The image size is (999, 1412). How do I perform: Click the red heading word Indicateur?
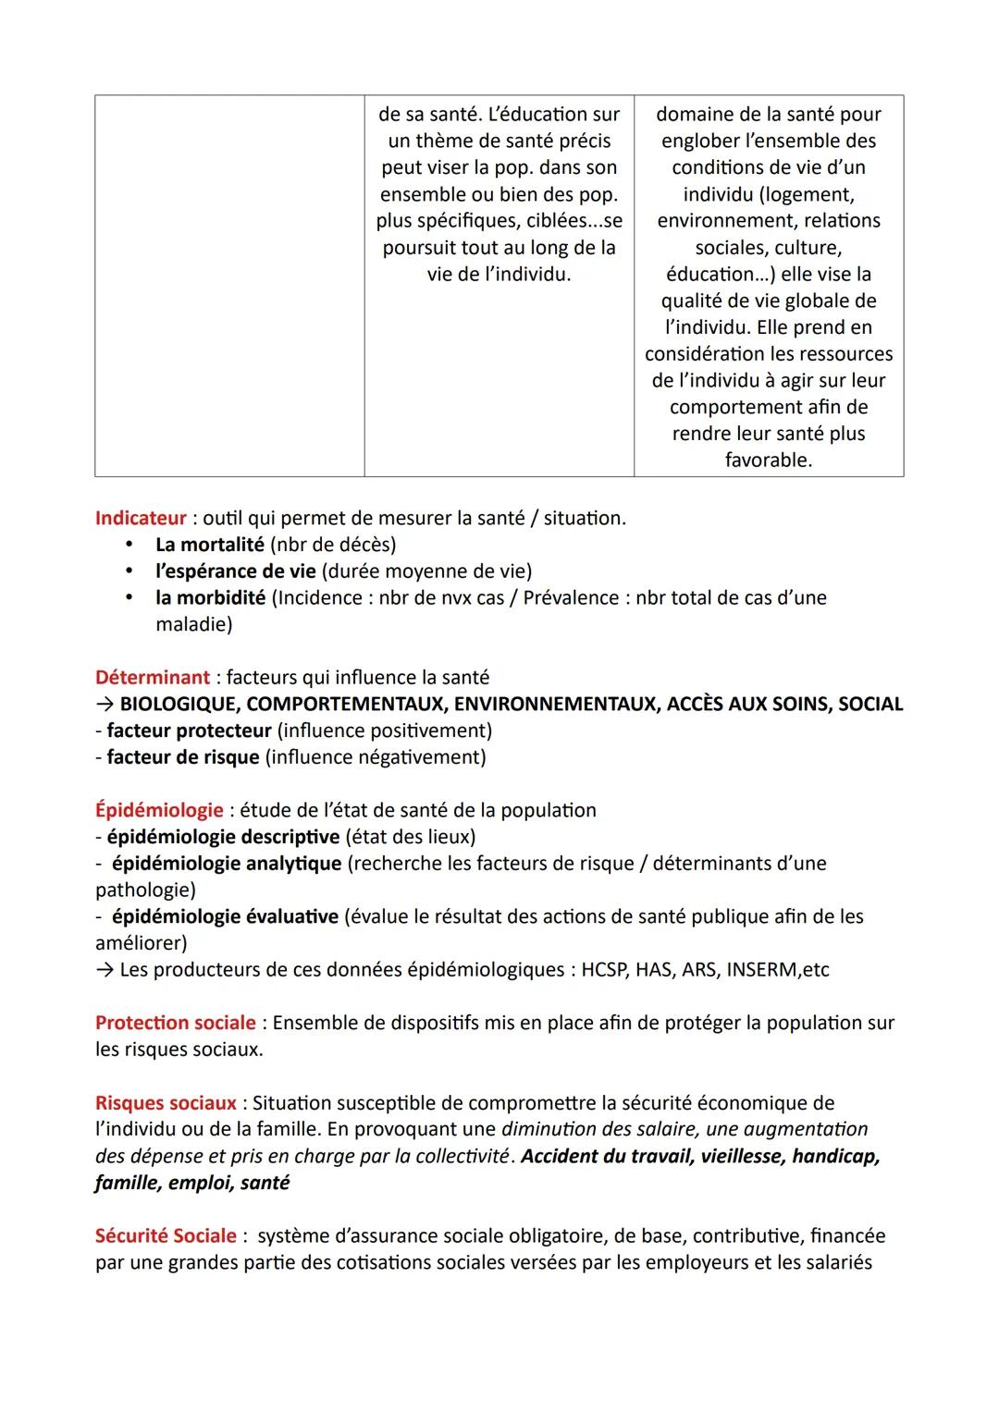pyautogui.click(x=141, y=519)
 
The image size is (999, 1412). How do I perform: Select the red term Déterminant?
pyautogui.click(x=153, y=678)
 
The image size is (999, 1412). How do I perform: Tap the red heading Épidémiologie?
pyautogui.click(x=159, y=811)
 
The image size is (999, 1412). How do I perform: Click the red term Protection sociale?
pyautogui.click(x=176, y=1024)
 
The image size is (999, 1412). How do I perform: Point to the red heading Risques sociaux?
pyautogui.click(x=166, y=1103)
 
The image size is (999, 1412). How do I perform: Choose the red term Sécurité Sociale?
pyautogui.click(x=166, y=1236)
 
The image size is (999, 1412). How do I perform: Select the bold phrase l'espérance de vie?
pyautogui.click(x=235, y=571)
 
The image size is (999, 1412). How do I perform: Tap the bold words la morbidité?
pyautogui.click(x=210, y=598)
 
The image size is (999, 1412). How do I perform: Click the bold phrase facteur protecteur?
pyautogui.click(x=189, y=731)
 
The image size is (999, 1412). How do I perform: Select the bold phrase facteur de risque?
pyautogui.click(x=182, y=758)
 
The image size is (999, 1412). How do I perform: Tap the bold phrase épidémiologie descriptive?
pyautogui.click(x=223, y=838)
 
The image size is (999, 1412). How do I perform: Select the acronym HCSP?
pyautogui.click(x=605, y=971)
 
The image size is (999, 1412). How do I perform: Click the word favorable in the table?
pyautogui.click(x=768, y=460)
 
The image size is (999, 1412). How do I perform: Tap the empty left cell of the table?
pyautogui.click(x=229, y=286)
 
